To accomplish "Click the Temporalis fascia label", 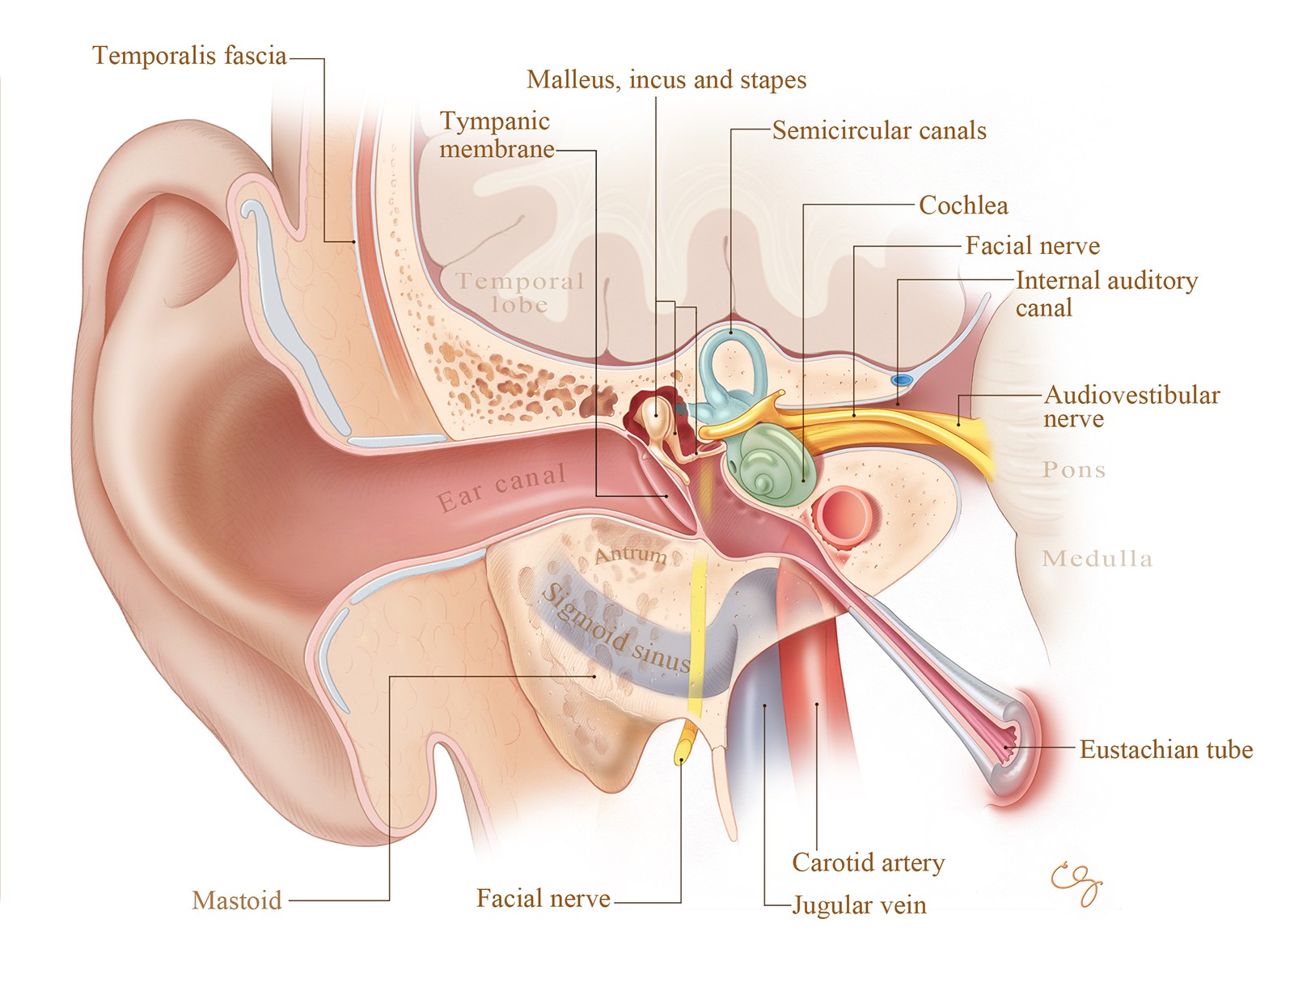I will [189, 56].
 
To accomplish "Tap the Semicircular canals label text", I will [879, 131].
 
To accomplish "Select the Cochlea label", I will [963, 205].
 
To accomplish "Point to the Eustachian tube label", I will [1165, 750].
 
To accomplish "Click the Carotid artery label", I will [868, 863].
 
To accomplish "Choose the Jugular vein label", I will [859, 905].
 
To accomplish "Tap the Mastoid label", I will [237, 900].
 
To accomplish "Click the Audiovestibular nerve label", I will [1131, 407].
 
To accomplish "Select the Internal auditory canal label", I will [1106, 294].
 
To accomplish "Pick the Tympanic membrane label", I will [496, 135].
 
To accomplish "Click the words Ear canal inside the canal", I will [501, 488].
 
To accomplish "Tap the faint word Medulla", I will [1097, 558].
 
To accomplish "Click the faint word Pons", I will [1073, 470].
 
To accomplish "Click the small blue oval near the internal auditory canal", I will [901, 379].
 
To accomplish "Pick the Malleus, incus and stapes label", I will [666, 80].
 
